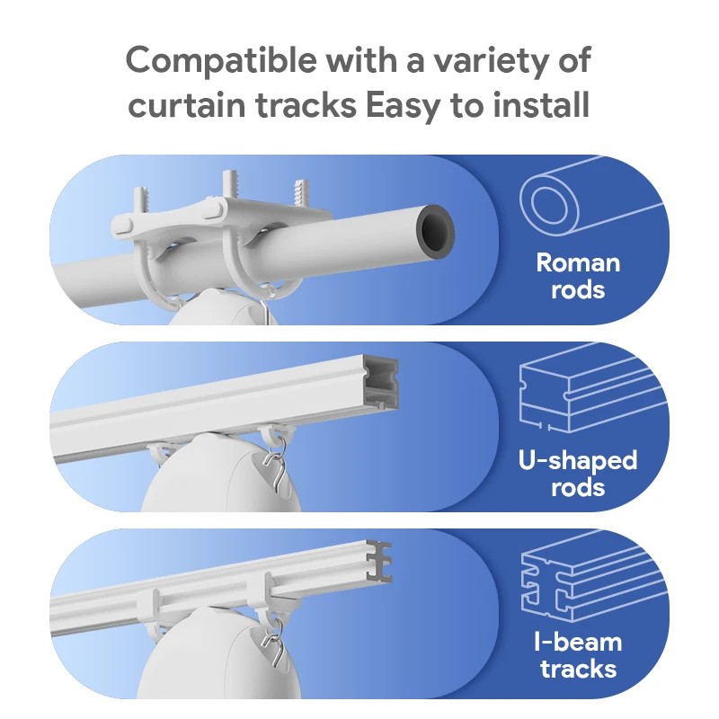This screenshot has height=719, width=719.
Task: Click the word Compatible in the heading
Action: pos(221,61)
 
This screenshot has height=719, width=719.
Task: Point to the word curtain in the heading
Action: pos(187,105)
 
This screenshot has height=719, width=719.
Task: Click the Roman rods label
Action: pos(578,276)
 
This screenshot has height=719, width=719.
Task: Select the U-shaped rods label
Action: pos(578,474)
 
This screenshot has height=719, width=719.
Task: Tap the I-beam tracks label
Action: pos(578,655)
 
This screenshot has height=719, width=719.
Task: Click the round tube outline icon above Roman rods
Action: pos(591,197)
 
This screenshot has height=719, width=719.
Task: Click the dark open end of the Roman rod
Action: pos(435,229)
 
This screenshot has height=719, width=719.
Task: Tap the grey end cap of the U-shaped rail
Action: pos(381,381)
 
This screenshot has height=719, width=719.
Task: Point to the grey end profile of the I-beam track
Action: pos(379,563)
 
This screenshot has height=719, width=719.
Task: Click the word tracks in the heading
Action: pos(306,105)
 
